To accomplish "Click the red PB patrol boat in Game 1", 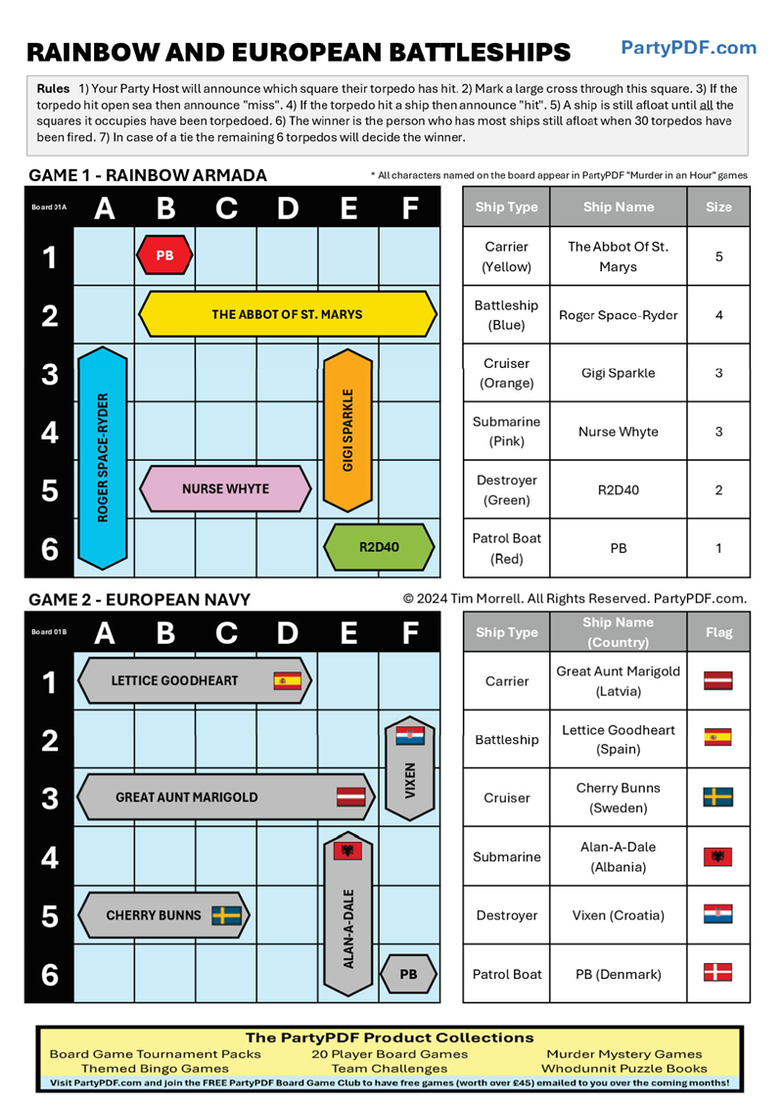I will pyautogui.click(x=164, y=255).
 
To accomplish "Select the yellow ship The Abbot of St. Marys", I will pyautogui.click(x=287, y=314).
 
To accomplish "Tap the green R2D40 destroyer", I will pyautogui.click(x=379, y=547).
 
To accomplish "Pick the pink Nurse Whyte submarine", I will pyautogui.click(x=226, y=488).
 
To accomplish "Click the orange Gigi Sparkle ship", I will pyautogui.click(x=347, y=431).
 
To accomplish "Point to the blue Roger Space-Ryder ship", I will pyautogui.click(x=103, y=458).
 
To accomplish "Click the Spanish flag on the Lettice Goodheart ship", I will pyautogui.click(x=287, y=680).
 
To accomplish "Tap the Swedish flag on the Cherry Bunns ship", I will pyautogui.click(x=227, y=915).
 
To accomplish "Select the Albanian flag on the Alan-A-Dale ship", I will pyautogui.click(x=347, y=851).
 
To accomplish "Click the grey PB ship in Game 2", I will pyautogui.click(x=408, y=974).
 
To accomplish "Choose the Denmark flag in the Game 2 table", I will pyautogui.click(x=717, y=973).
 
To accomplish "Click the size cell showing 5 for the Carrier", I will pyautogui.click(x=718, y=256).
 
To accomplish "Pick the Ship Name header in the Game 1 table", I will pyautogui.click(x=618, y=207).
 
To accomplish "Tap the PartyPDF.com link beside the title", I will pyautogui.click(x=688, y=47).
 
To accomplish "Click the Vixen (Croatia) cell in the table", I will pyautogui.click(x=618, y=915).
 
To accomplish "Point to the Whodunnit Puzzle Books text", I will pyautogui.click(x=623, y=1069).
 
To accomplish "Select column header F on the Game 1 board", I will pyautogui.click(x=410, y=208).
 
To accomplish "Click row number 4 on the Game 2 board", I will pyautogui.click(x=49, y=857).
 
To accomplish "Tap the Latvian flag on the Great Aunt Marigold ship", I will pyautogui.click(x=350, y=797).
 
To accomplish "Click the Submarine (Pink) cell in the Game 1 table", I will pyautogui.click(x=505, y=432).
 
